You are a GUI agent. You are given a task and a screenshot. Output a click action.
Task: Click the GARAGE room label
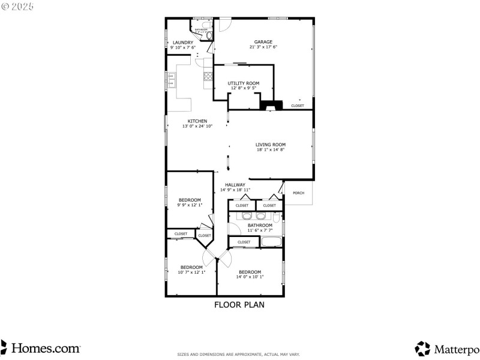click(x=263, y=42)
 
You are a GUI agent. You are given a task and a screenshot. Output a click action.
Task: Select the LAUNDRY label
click(x=182, y=43)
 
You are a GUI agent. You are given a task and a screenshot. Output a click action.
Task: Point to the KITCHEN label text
click(x=197, y=121)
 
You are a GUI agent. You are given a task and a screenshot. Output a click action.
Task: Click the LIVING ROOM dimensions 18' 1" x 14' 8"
click(x=270, y=150)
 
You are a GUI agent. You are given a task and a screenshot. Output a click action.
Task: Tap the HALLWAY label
click(x=235, y=185)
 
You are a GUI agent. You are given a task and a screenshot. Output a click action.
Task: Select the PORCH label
click(x=298, y=193)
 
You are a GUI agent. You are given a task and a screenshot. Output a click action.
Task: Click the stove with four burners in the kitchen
click(x=208, y=76)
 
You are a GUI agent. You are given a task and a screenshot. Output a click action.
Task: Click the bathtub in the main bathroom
click(x=272, y=242)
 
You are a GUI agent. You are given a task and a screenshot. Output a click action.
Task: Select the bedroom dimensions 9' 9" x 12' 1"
click(x=190, y=205)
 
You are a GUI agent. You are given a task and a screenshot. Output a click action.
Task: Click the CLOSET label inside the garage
click(x=298, y=106)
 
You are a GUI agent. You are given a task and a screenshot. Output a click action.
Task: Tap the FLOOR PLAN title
click(x=239, y=305)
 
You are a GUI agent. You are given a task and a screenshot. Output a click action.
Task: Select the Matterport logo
click(x=447, y=348)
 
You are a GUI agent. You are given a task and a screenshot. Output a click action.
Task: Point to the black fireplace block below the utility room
click(x=270, y=105)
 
